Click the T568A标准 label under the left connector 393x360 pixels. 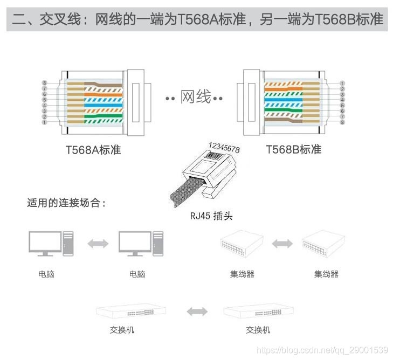(x=93, y=150)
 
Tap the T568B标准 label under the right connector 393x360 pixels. (x=293, y=149)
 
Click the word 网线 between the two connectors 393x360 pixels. (x=195, y=98)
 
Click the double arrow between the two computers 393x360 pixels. (x=98, y=244)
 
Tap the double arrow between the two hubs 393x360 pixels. (x=282, y=244)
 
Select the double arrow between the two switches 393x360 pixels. (x=197, y=311)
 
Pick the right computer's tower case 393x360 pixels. (x=157, y=244)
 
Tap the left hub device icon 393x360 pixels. (x=242, y=245)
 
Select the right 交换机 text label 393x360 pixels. (x=258, y=330)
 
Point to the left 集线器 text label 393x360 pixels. (x=242, y=274)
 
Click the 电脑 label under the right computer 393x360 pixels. (x=137, y=274)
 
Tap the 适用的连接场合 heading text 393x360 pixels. (x=66, y=203)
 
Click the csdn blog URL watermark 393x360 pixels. (x=323, y=350)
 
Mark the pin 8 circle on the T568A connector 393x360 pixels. (x=45, y=83)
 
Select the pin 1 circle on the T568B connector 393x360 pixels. (x=342, y=84)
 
